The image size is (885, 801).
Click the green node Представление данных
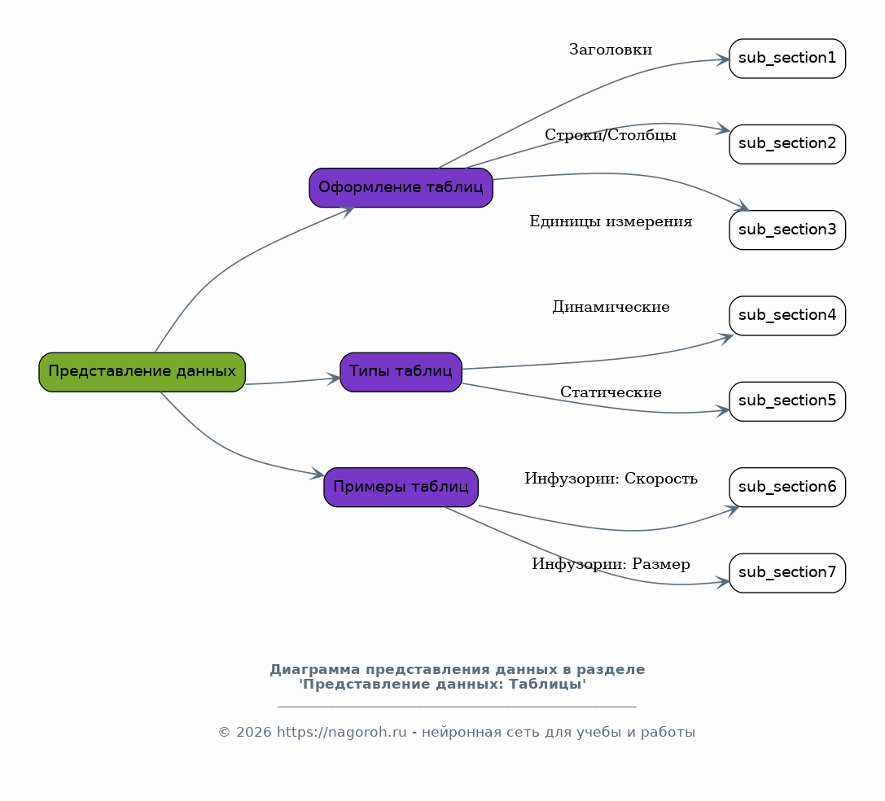pyautogui.click(x=142, y=372)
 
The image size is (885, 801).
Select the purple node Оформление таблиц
pyautogui.click(x=401, y=187)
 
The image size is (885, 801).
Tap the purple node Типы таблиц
pyautogui.click(x=401, y=372)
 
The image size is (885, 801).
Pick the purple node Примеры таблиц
pyautogui.click(x=401, y=487)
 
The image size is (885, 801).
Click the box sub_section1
pyautogui.click(x=787, y=58)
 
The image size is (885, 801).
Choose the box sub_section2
pyautogui.click(x=787, y=144)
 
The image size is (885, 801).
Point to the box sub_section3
pyautogui.click(x=787, y=230)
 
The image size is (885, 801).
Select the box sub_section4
pyautogui.click(x=787, y=316)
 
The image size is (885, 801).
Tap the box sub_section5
pyautogui.click(x=787, y=401)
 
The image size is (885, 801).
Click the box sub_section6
pyautogui.click(x=787, y=487)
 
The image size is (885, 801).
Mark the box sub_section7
pyautogui.click(x=787, y=573)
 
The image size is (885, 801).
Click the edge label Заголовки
pyautogui.click(x=611, y=50)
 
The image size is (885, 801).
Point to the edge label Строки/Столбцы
pyautogui.click(x=611, y=135)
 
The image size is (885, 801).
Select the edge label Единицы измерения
pyautogui.click(x=611, y=221)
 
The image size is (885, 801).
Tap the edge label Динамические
pyautogui.click(x=611, y=307)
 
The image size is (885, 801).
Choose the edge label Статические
pyautogui.click(x=611, y=392)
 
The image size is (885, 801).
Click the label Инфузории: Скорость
pyautogui.click(x=611, y=479)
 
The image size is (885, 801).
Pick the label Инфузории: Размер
pyautogui.click(x=611, y=564)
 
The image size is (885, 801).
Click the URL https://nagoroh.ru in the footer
pyautogui.click(x=341, y=732)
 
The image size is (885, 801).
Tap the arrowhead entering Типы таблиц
pyautogui.click(x=334, y=379)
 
